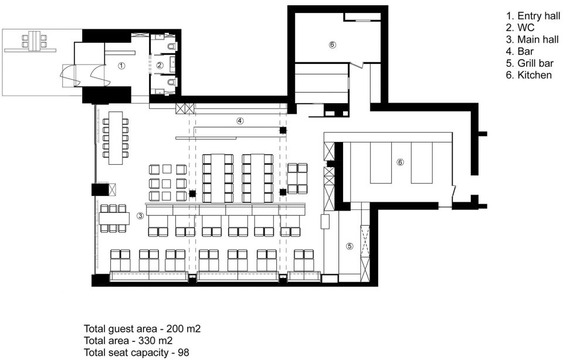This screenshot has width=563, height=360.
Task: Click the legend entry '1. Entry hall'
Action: click(533, 16)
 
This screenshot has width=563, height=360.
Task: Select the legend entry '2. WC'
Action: click(520, 28)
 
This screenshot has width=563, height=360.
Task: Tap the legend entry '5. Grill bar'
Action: click(530, 63)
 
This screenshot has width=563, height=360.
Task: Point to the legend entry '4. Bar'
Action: click(520, 52)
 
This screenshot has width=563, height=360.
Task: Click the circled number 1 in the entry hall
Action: click(122, 66)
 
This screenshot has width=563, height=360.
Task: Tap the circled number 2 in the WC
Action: click(160, 65)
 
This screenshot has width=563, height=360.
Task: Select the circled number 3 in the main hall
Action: click(140, 216)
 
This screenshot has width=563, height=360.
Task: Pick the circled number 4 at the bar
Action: click(240, 121)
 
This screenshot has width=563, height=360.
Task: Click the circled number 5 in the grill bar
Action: click(350, 246)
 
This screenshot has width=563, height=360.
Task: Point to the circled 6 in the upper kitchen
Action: click(332, 45)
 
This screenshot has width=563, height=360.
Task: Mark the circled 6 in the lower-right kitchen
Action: click(400, 162)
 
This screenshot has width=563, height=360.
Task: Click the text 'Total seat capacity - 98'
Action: click(137, 352)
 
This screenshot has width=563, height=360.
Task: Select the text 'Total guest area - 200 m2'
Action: click(142, 328)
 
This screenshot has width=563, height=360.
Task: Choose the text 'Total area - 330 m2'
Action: click(128, 340)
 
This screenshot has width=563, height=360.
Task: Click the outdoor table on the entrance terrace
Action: click(35, 41)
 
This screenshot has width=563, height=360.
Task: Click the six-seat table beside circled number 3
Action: click(114, 218)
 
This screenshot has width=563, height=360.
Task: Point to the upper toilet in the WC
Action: click(172, 46)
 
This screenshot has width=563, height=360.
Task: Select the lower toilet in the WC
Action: click(172, 83)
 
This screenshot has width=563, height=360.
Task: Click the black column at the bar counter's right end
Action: click(283, 130)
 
